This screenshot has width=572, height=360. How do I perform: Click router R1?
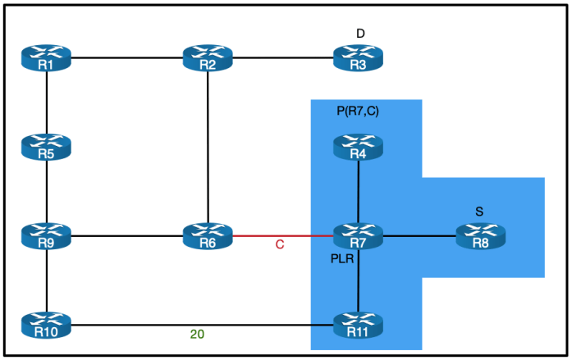click(x=48, y=58)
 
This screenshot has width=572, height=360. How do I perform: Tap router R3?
click(x=359, y=58)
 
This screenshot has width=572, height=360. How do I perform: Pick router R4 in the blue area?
click(x=359, y=147)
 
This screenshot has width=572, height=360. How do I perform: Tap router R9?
click(x=48, y=236)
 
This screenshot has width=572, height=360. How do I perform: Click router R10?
click(x=48, y=326)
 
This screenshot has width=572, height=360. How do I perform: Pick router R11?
click(x=359, y=326)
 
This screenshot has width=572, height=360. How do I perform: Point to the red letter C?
click(x=280, y=245)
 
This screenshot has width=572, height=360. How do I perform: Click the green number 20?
click(x=197, y=335)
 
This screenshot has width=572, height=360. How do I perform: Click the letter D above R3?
click(x=360, y=33)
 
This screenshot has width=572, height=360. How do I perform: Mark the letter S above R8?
click(x=479, y=212)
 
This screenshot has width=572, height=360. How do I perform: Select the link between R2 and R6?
click(x=209, y=148)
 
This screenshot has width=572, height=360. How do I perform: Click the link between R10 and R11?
click(x=197, y=326)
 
